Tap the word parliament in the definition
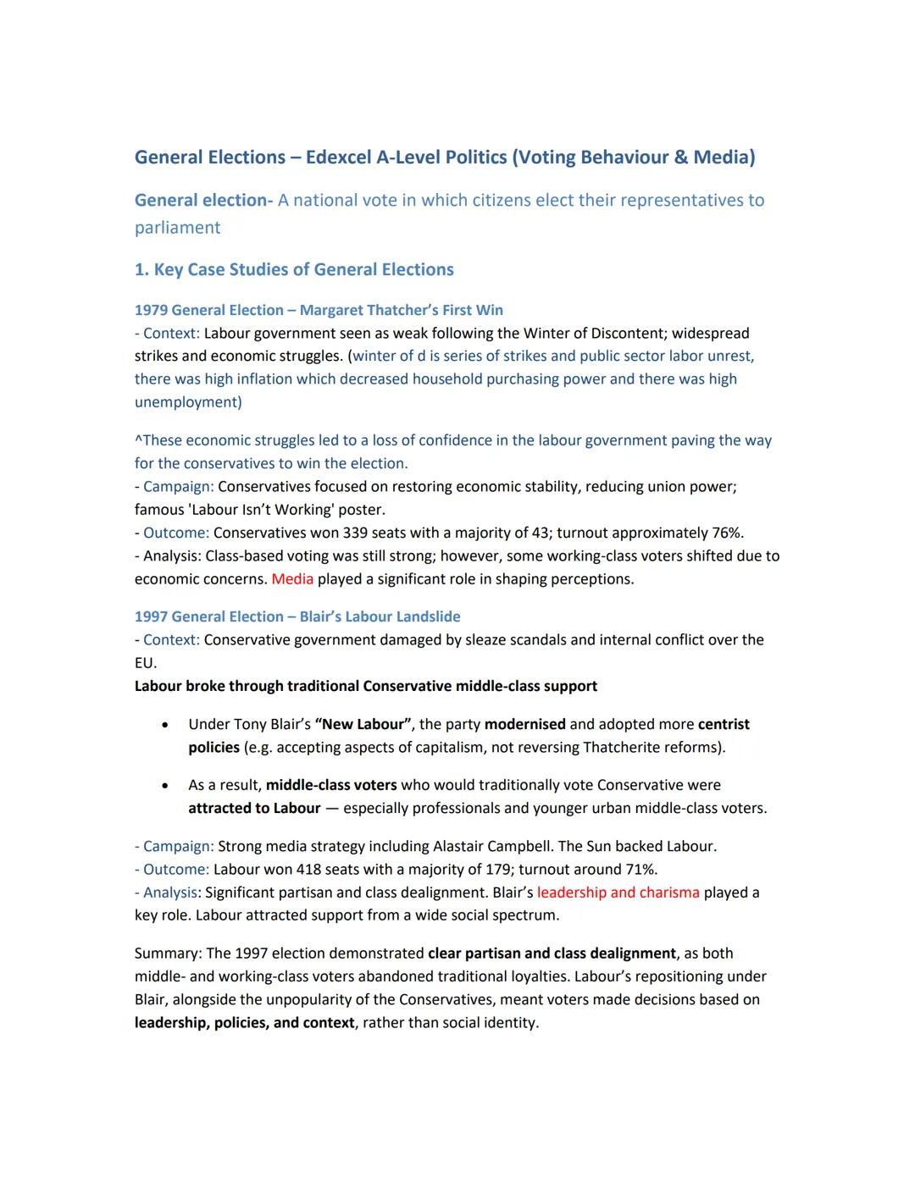pyautogui.click(x=177, y=228)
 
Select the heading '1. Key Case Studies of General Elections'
pyautogui.click(x=294, y=270)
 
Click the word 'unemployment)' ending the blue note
pyautogui.click(x=187, y=402)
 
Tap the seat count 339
pyautogui.click(x=357, y=533)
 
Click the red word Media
pyautogui.click(x=292, y=579)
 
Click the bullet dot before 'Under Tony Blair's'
pyautogui.click(x=164, y=725)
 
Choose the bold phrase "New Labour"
pyautogui.click(x=363, y=725)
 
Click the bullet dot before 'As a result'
pyautogui.click(x=164, y=786)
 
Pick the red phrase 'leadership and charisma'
pyautogui.click(x=618, y=893)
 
